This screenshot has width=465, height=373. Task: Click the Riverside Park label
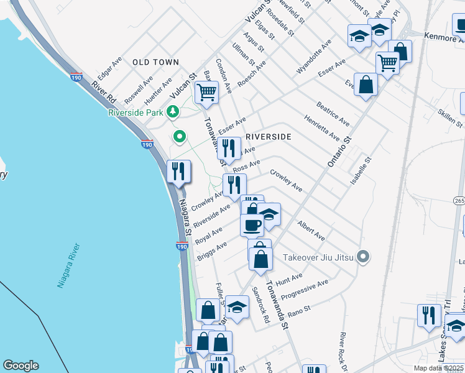135,113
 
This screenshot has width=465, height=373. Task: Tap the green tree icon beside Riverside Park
172,112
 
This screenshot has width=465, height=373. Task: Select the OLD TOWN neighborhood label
155,62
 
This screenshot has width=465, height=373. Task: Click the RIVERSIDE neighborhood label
269,136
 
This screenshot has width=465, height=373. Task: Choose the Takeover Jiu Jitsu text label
318,257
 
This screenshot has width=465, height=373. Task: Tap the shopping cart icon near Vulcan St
206,93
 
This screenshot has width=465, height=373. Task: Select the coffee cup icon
252,224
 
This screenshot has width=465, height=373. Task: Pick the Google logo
21,366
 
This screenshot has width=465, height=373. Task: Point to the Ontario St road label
339,152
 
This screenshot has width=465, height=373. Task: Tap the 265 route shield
459,201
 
